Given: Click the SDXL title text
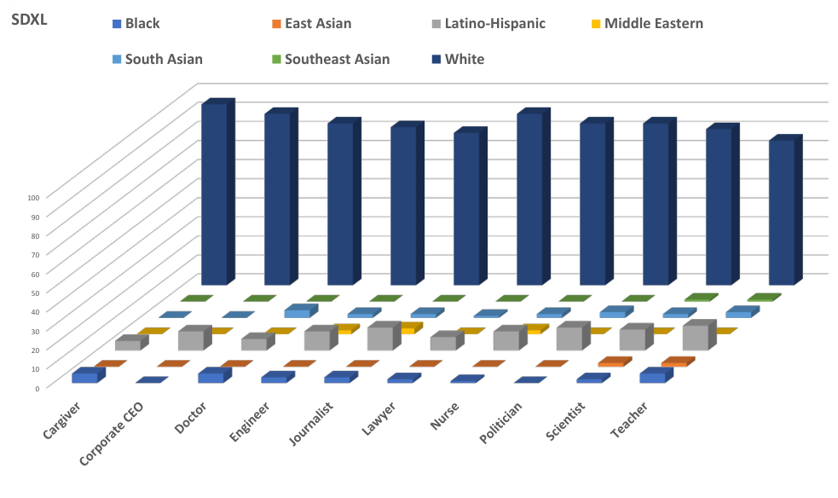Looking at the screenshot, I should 29,20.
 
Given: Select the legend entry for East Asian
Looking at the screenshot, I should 316,24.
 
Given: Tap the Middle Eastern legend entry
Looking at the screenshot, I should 653,24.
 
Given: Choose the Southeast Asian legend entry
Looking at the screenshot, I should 337,60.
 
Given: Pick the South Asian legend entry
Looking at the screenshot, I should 164,60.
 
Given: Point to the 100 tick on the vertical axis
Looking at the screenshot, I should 32,197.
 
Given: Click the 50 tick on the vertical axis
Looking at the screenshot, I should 34,292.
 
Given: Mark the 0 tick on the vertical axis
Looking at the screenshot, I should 37,387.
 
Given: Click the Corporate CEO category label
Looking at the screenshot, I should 112,432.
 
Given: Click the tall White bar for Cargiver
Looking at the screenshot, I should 214,194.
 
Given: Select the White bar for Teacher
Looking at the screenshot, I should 782,213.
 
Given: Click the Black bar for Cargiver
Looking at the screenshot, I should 84,378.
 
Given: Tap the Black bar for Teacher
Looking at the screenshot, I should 651,378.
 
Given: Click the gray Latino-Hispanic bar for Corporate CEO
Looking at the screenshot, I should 191,340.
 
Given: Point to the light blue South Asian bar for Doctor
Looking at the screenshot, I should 297,314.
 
